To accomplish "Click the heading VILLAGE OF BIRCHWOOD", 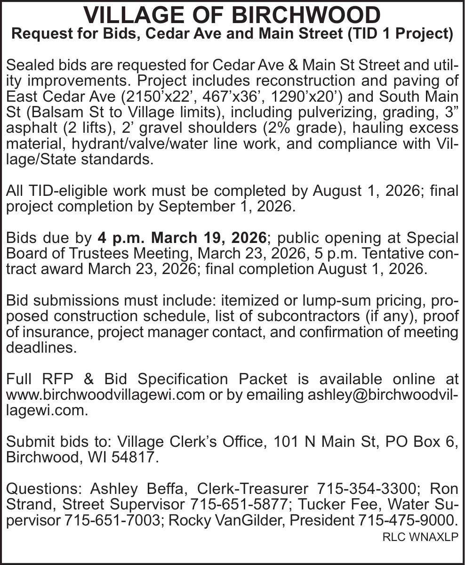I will [x=232, y=15].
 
